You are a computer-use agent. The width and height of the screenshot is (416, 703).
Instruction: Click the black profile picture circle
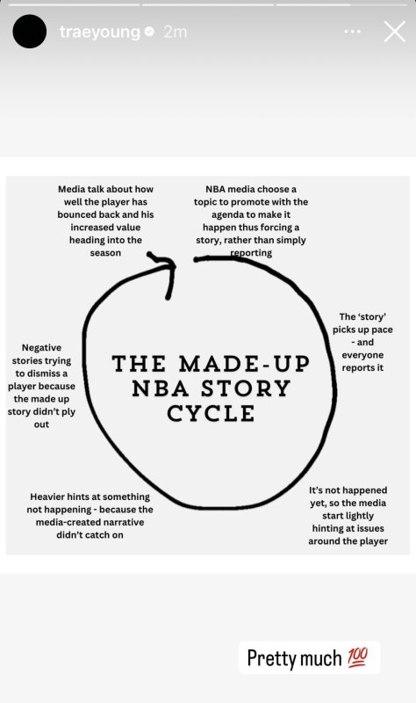30,32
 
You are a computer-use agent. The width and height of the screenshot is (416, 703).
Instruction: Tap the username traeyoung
100,32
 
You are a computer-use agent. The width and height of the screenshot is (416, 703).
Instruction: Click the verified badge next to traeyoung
150,32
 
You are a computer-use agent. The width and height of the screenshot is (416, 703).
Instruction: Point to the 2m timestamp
175,32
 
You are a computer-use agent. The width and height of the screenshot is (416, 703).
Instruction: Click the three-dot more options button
353,32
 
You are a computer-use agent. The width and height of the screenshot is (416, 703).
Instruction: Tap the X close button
395,32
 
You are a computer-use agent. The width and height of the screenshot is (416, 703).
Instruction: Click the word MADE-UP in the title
245,364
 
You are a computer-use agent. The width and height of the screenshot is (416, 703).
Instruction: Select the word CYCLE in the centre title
211,413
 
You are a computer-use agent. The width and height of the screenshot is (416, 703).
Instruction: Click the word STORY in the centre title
246,388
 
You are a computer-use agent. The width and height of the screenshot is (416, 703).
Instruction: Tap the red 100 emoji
357,657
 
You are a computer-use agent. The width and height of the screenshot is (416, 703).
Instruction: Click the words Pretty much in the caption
294,658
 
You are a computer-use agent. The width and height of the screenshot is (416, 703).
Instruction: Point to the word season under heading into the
105,253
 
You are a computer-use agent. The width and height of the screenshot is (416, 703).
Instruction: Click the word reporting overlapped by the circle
251,253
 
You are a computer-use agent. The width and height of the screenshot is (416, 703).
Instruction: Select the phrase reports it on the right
362,367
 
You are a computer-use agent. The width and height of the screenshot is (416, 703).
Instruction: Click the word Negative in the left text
41,347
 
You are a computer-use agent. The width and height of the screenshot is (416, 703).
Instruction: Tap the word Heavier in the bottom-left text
47,496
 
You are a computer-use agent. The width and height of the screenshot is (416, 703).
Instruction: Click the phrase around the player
348,541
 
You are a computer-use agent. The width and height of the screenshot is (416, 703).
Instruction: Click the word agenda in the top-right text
228,214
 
